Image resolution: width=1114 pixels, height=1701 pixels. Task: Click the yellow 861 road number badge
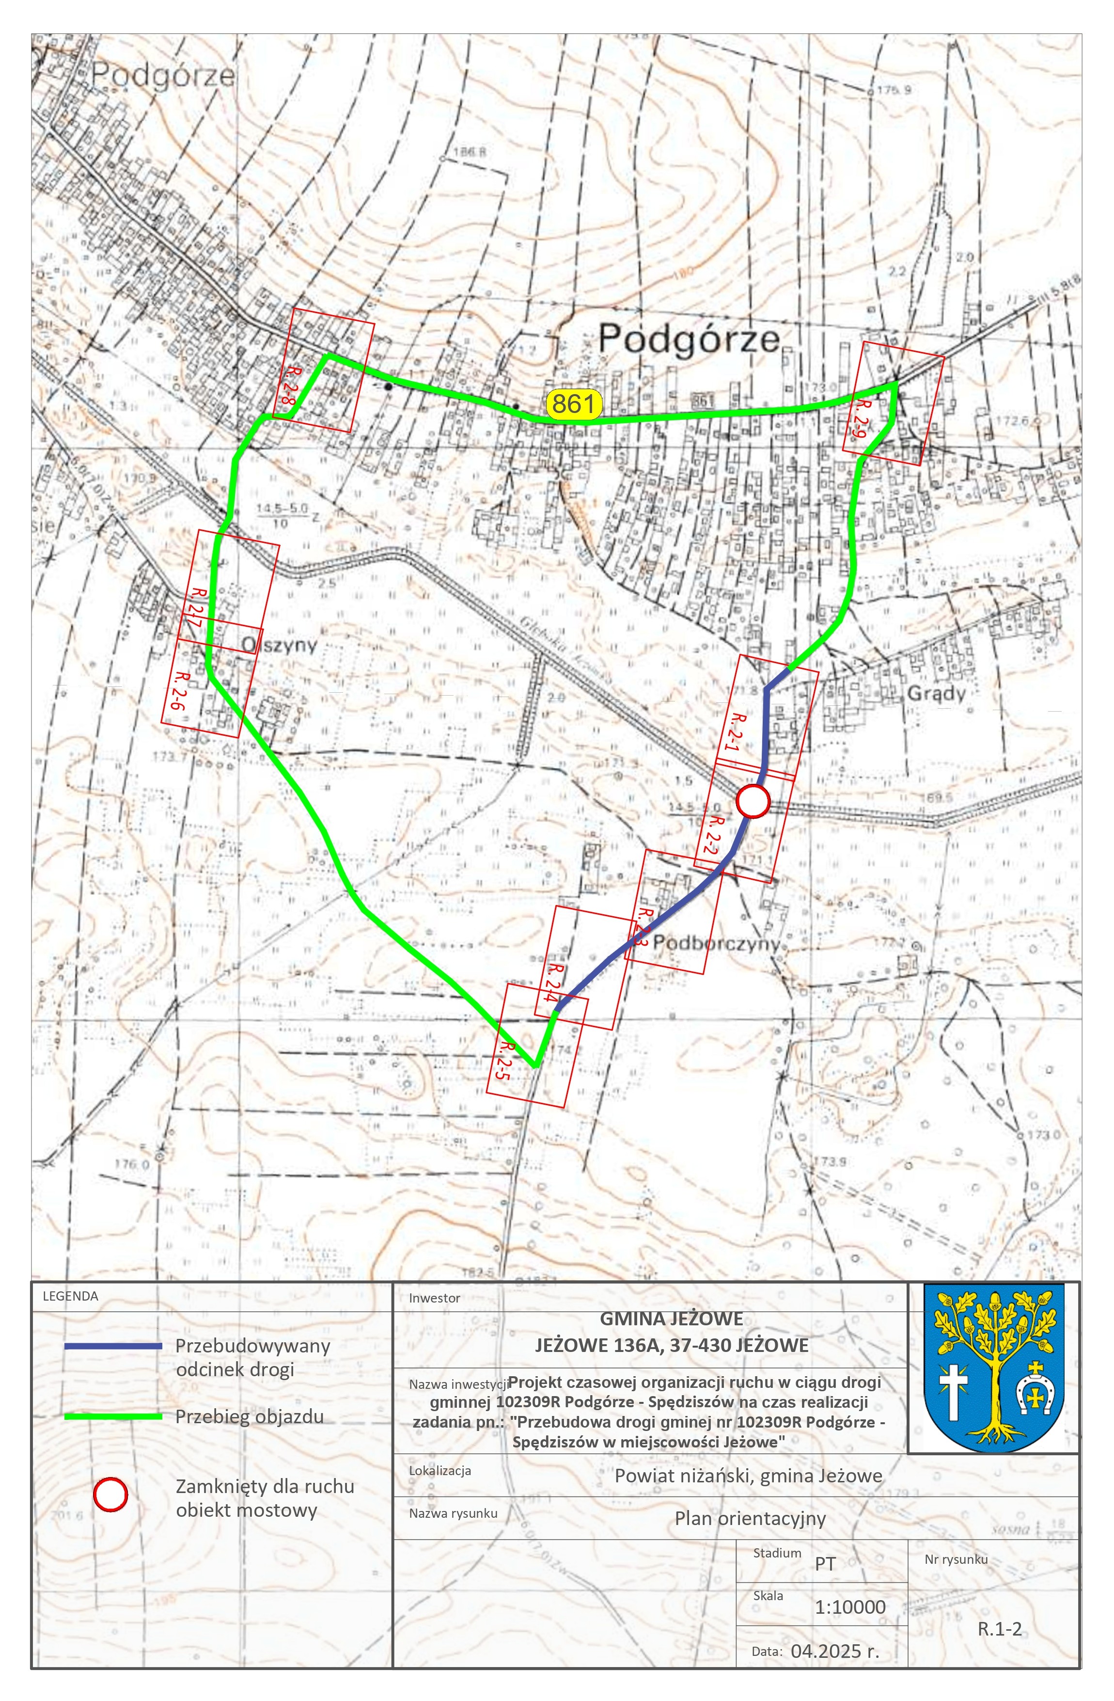[x=573, y=404]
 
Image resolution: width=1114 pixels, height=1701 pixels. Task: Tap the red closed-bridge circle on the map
[x=753, y=801]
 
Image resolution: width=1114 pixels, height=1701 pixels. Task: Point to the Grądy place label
[x=936, y=693]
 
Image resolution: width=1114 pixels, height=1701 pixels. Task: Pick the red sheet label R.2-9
[x=860, y=418]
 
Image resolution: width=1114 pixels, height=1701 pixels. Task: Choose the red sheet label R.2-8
[x=288, y=387]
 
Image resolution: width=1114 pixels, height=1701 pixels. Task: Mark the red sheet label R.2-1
[x=739, y=731]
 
